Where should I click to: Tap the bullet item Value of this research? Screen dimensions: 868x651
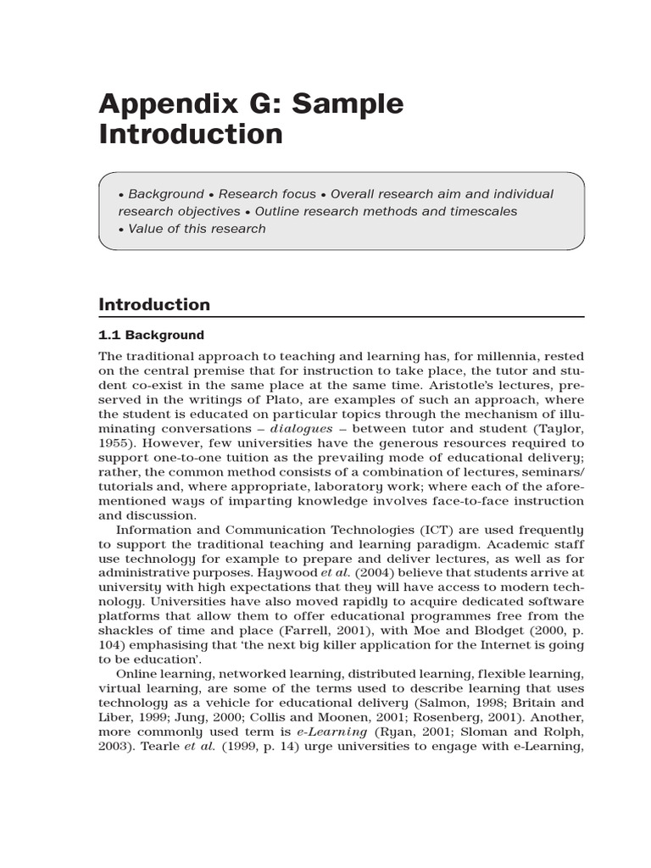tap(196, 228)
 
